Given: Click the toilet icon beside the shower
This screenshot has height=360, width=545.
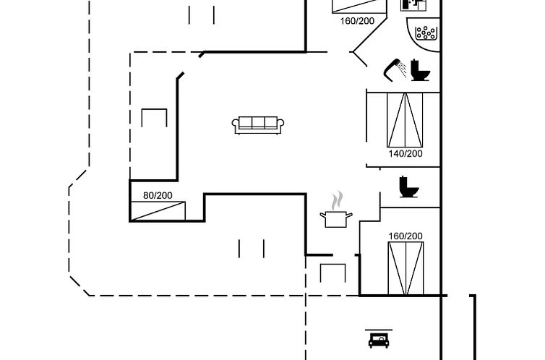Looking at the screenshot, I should [420, 70].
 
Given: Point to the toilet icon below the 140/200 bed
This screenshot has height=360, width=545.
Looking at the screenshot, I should [408, 187].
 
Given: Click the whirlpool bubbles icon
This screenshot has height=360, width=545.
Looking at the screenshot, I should [424, 33].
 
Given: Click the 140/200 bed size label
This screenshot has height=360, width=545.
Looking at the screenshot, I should [405, 153].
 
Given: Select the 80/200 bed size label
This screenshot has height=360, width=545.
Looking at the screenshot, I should [158, 195].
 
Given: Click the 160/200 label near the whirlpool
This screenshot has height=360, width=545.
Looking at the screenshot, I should [357, 20].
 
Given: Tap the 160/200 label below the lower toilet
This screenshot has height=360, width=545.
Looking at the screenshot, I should [405, 236].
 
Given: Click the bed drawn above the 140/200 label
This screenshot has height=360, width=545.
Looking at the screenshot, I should [405, 119].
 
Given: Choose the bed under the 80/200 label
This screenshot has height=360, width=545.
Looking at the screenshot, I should [158, 210].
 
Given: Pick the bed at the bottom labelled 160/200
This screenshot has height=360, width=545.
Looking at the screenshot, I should [405, 268].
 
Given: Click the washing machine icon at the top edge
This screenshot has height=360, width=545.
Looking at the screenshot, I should [413, 4].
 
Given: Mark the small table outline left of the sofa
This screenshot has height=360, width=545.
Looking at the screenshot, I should [155, 118].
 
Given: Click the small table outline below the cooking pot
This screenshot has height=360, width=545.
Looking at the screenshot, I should [333, 273].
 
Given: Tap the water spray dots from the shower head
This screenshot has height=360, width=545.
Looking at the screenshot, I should [401, 73].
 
